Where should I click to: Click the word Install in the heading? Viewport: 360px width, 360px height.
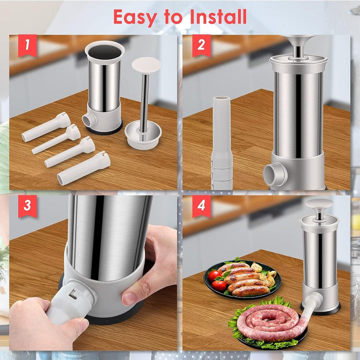pos(218,16)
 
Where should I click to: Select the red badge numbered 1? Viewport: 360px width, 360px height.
pos(27,45)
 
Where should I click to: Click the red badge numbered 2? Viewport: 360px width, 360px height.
pos(201,45)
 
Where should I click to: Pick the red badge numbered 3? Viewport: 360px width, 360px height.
pos(27,206)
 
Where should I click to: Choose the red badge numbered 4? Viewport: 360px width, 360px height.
pos(201,206)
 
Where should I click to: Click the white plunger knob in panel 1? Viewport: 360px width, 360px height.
pos(146,65)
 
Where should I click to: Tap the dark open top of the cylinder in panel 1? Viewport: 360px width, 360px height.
pos(104,52)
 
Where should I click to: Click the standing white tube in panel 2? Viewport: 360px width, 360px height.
pos(221,143)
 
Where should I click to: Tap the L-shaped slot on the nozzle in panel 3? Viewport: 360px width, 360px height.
pos(73,293)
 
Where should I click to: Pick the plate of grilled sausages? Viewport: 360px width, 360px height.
pos(242,279)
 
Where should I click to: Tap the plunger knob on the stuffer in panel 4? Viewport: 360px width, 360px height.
pos(319,204)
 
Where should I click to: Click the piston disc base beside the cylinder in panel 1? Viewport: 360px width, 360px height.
pos(143,135)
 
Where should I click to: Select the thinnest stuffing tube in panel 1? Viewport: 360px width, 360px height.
pos(56,139)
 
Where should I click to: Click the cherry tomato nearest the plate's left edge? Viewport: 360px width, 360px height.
pos(214,275)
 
